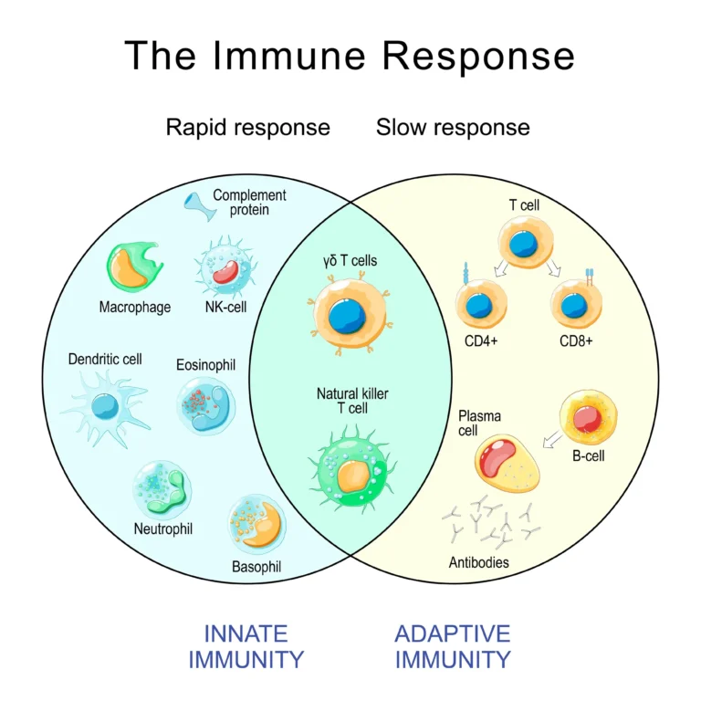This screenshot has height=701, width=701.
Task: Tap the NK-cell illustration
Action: (x=225, y=266)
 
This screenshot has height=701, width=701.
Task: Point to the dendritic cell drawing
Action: (x=103, y=405)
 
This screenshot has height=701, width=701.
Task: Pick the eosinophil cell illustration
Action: (x=206, y=404)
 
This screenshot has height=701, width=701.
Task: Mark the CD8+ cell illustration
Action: (x=576, y=305)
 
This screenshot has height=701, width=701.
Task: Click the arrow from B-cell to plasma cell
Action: (x=551, y=441)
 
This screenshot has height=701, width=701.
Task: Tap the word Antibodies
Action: (x=479, y=562)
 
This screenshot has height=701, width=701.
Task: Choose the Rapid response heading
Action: (x=247, y=127)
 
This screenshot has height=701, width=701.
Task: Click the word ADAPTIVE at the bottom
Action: (x=453, y=633)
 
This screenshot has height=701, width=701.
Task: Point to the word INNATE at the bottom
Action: (x=246, y=633)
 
